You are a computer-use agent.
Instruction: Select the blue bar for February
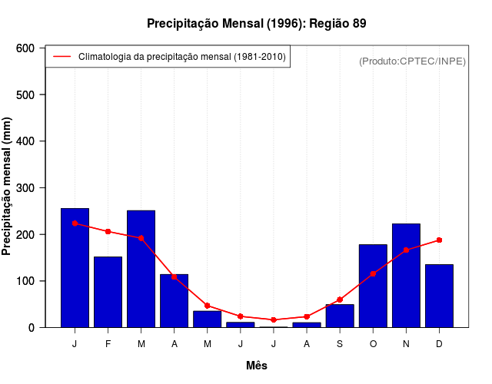coord(108,292)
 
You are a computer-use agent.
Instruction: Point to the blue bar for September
coord(340,316)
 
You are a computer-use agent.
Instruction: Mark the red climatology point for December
coord(439,240)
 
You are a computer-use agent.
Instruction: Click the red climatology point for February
coord(108,231)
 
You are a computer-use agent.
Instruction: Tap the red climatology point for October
coord(373,273)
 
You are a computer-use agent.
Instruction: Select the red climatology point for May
coord(207,306)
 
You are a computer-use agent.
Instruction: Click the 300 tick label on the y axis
coord(25,188)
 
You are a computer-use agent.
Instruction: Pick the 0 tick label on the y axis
coord(31,328)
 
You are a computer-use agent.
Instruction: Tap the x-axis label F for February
coord(108,344)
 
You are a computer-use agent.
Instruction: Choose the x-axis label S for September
coord(340,344)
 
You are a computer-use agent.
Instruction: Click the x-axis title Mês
coord(257,366)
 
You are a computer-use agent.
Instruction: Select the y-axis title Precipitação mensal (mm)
coord(8,188)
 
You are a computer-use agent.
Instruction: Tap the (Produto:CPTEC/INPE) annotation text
coord(412,61)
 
